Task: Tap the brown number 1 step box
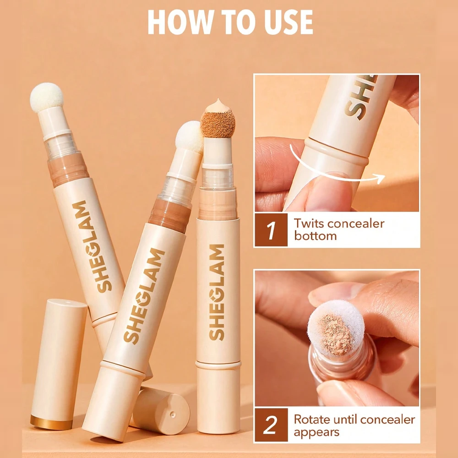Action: (x=271, y=230)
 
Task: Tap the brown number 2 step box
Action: (x=271, y=425)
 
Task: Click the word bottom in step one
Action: (x=316, y=236)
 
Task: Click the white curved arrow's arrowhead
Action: (x=380, y=178)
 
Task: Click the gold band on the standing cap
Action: (x=51, y=422)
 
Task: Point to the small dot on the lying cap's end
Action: (x=173, y=414)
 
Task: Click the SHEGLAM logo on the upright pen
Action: (x=217, y=292)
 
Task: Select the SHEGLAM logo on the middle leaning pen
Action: (x=144, y=295)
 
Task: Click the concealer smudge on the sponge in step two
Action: (x=335, y=335)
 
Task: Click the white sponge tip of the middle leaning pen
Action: (x=189, y=136)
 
